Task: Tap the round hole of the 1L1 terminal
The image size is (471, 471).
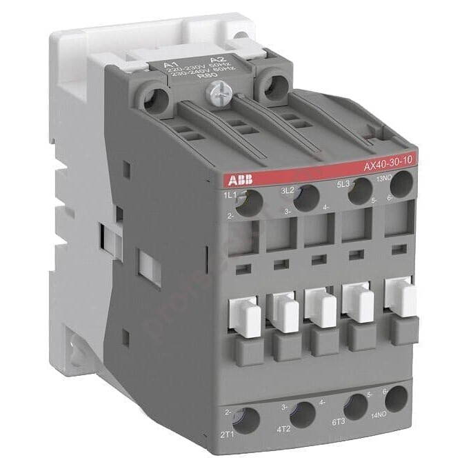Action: pos(253,202)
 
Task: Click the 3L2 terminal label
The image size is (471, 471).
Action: pos(288,191)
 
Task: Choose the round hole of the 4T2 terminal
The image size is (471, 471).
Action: pos(302,414)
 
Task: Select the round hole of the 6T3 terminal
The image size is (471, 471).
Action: pos(356,405)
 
